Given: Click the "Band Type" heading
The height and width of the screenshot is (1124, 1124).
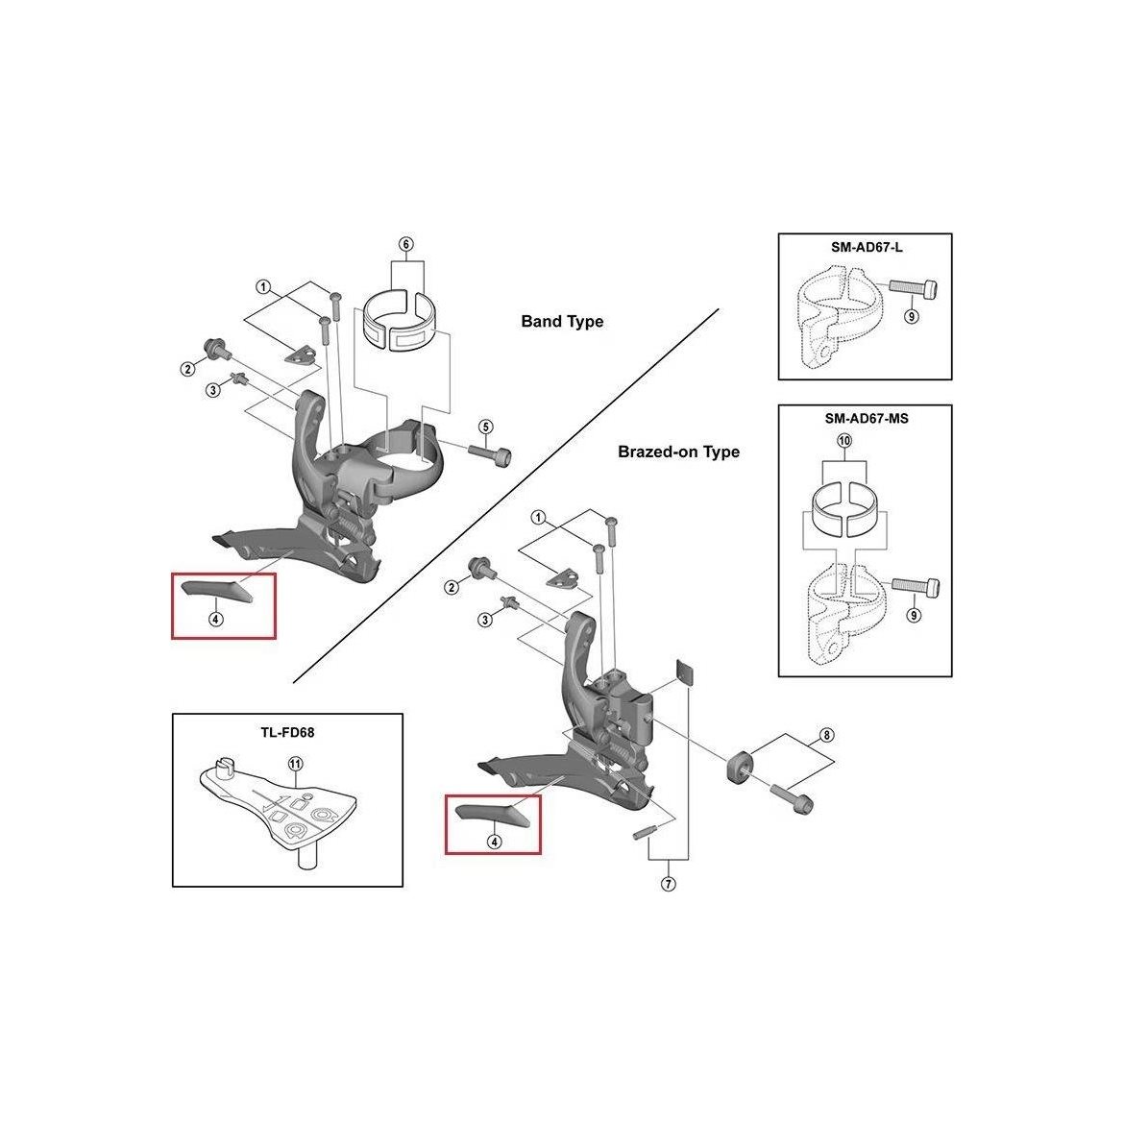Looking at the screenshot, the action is click(562, 322).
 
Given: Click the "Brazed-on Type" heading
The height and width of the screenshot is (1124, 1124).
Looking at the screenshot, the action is click(678, 452).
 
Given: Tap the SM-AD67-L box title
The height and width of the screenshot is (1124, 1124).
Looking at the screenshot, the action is click(867, 247).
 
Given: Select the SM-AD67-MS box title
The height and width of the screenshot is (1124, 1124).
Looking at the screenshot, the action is click(866, 418).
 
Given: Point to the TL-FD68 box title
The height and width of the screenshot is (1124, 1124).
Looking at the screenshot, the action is click(287, 733).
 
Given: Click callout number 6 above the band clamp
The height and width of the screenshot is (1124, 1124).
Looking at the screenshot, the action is click(406, 244).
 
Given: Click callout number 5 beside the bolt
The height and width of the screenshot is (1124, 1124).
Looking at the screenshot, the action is click(486, 428).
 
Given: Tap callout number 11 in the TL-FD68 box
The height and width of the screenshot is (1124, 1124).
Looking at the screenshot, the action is click(295, 764).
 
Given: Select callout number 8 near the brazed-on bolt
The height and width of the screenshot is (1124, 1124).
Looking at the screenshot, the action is click(826, 735).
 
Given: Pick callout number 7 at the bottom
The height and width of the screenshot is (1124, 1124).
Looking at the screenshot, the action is click(668, 884).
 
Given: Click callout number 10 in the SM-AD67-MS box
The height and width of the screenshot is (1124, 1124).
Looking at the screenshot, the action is click(844, 440).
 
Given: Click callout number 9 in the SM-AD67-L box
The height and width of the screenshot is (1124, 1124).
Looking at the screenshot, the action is click(911, 315).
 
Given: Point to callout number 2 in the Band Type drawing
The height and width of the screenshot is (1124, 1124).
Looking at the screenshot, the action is click(187, 369).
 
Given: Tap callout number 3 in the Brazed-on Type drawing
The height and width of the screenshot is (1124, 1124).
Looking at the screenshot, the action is click(485, 620).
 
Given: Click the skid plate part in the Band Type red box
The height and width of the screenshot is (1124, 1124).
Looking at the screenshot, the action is click(216, 589).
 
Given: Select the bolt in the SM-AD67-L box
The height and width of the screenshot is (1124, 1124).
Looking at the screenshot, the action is click(914, 287).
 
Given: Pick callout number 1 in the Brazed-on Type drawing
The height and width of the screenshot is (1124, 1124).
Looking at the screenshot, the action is click(538, 518).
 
